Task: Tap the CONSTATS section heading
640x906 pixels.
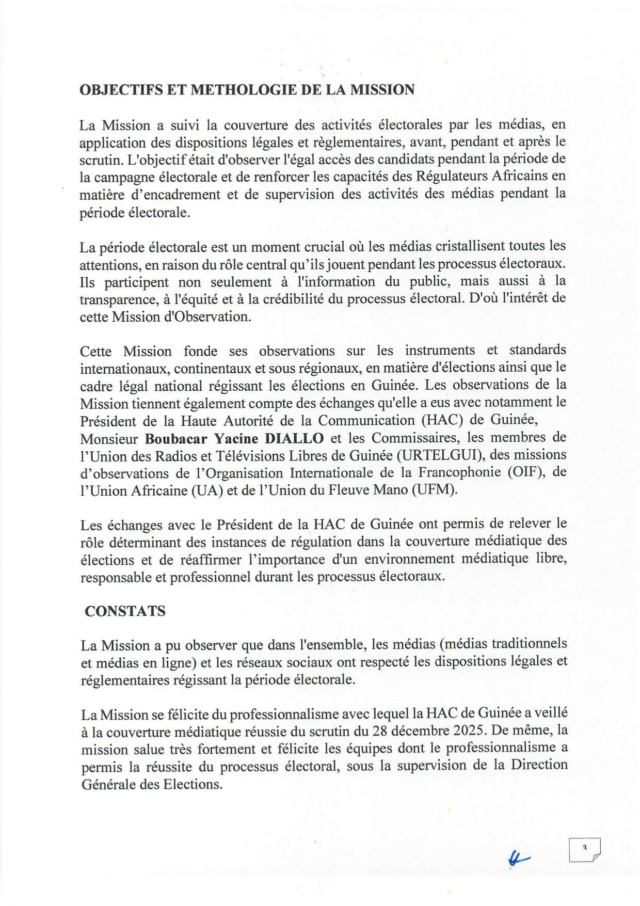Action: point(125,611)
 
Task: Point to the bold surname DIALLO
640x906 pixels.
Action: point(294,439)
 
